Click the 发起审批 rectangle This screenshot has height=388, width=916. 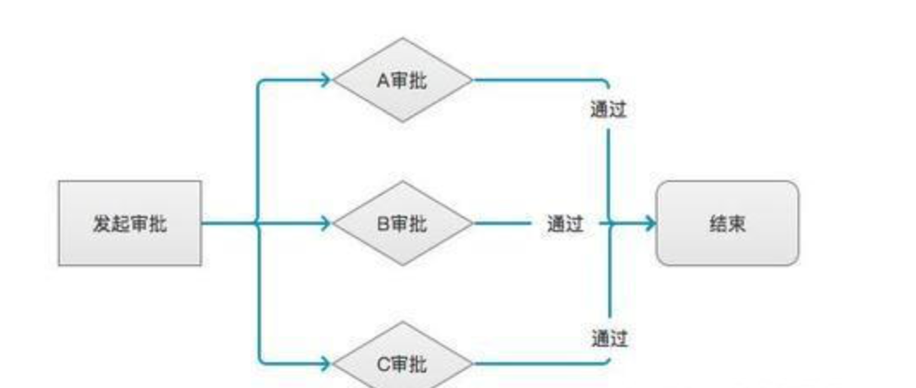(x=130, y=223)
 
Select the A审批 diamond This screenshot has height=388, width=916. (x=402, y=80)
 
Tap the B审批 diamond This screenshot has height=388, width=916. (x=402, y=223)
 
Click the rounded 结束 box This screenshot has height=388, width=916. (x=727, y=223)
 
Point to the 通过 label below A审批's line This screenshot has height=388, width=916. (x=608, y=110)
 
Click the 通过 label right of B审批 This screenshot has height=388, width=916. (x=565, y=223)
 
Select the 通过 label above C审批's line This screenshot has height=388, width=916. (x=609, y=338)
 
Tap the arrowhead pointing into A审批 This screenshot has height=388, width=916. (x=326, y=80)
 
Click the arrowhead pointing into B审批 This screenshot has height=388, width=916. (x=326, y=223)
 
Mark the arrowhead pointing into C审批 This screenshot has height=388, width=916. (x=326, y=363)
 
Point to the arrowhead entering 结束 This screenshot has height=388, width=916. (x=650, y=223)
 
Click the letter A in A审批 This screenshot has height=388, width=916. (x=382, y=81)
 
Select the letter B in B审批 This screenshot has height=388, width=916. (x=383, y=223)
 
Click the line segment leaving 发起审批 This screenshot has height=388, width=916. (x=229, y=223)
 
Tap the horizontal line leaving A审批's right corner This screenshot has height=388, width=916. (x=537, y=80)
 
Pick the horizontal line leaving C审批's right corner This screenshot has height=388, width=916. (x=537, y=363)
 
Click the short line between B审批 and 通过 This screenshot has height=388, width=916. (x=503, y=223)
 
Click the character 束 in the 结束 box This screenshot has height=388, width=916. (x=737, y=223)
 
